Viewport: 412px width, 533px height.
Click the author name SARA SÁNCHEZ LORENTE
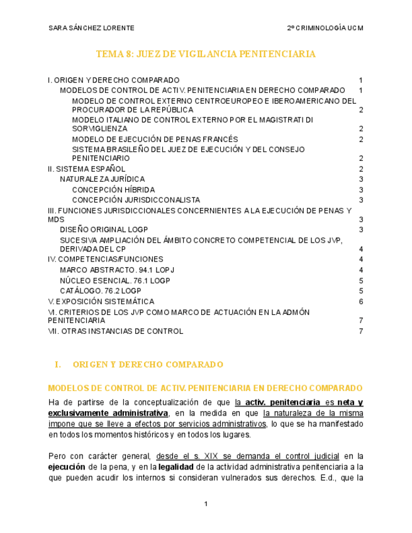(x=91, y=28)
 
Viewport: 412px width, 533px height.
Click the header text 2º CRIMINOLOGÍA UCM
(x=325, y=28)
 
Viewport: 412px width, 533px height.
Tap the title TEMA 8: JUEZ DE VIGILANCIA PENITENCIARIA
(x=206, y=55)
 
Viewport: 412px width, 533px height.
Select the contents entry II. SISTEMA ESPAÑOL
(x=87, y=169)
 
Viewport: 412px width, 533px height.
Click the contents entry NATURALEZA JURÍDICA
(x=102, y=179)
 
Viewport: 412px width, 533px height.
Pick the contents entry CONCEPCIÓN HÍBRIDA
(x=113, y=189)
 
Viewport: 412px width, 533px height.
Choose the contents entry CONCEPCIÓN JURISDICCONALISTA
(x=136, y=200)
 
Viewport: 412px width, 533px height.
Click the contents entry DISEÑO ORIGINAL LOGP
(x=104, y=229)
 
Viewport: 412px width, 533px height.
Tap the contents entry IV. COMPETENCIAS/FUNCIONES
(x=106, y=259)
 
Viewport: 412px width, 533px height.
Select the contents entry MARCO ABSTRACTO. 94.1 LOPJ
(x=117, y=270)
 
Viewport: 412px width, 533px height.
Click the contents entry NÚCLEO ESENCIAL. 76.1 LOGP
(x=115, y=280)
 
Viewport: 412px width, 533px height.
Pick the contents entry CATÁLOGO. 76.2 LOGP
(x=100, y=291)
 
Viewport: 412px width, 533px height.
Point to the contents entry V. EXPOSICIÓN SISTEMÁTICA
(x=101, y=301)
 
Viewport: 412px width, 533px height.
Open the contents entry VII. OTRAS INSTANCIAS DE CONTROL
(x=116, y=331)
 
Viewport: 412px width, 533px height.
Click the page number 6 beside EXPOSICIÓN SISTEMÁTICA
(x=361, y=301)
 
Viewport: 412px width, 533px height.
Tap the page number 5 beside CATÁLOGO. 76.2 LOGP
(x=361, y=291)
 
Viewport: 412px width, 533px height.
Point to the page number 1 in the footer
(x=206, y=504)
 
